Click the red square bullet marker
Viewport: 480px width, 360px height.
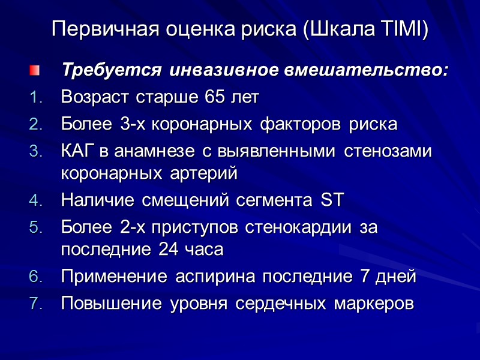click(x=34, y=71)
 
